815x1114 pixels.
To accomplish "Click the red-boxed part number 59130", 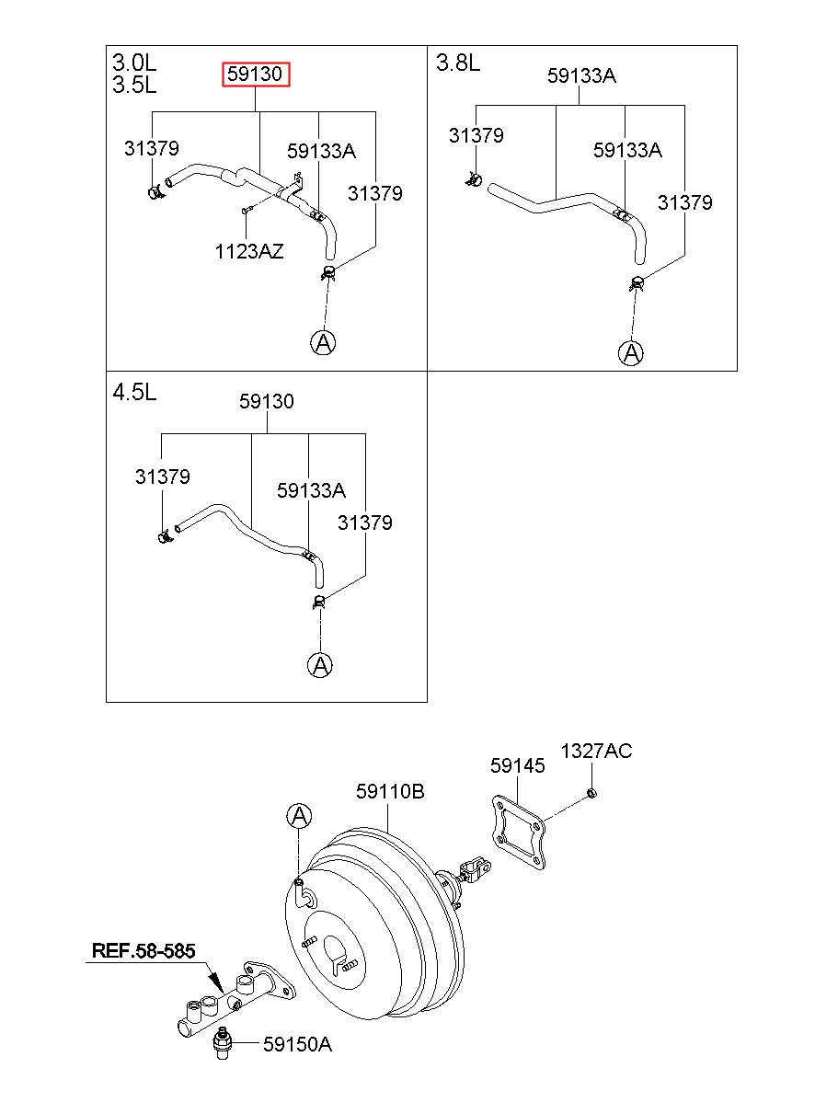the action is [x=255, y=75].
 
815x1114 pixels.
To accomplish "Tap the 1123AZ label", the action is [x=249, y=252].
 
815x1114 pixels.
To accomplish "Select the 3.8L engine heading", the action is [x=458, y=63].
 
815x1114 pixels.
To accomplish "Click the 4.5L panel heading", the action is [x=134, y=393].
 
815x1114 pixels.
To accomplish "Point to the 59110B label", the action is [x=390, y=791].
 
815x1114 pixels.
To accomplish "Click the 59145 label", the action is [x=517, y=765].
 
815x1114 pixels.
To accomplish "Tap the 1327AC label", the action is [x=596, y=751].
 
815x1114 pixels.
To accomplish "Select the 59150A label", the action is [x=297, y=1044].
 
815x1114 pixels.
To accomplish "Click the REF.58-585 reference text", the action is [x=143, y=951].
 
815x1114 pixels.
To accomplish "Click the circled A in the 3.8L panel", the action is [x=630, y=353].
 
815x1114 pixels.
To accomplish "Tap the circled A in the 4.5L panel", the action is [x=320, y=665].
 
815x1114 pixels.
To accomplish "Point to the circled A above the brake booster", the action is [x=299, y=816].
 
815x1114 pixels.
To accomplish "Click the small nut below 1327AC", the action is [x=591, y=793].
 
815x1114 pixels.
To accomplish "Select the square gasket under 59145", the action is [x=518, y=833].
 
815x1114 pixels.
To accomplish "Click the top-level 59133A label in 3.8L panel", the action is [x=581, y=76].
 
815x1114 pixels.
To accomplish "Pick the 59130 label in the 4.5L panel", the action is [x=267, y=401].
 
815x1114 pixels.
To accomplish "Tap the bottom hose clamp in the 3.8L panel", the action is [x=637, y=284].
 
